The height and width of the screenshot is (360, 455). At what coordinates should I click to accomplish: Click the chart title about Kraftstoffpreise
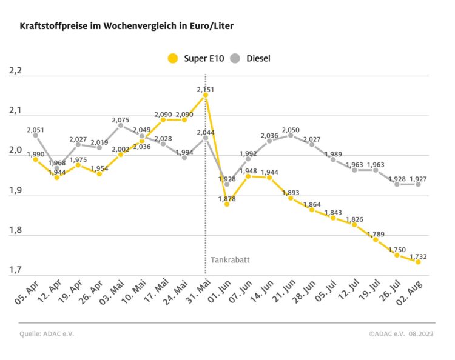pyautogui.click(x=127, y=27)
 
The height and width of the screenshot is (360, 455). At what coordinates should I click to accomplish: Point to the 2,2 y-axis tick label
pyautogui.click(x=15, y=72)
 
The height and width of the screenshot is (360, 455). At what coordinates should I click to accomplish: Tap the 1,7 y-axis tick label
pyautogui.click(x=15, y=270)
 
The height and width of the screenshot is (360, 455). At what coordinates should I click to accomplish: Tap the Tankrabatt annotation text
pyautogui.click(x=230, y=259)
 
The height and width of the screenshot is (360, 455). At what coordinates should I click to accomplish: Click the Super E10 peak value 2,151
pyautogui.click(x=206, y=89)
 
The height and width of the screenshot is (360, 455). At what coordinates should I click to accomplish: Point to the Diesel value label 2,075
pyautogui.click(x=120, y=120)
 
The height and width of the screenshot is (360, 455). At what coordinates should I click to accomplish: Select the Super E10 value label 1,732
pyautogui.click(x=418, y=256)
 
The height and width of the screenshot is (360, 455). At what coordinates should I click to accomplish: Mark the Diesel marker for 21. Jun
pyautogui.click(x=291, y=136)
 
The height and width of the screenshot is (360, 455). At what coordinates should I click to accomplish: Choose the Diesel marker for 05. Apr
pyautogui.click(x=36, y=135)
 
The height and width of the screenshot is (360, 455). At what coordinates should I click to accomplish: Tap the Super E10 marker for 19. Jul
pyautogui.click(x=376, y=239)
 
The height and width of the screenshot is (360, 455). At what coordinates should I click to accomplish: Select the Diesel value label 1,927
pyautogui.click(x=418, y=179)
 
